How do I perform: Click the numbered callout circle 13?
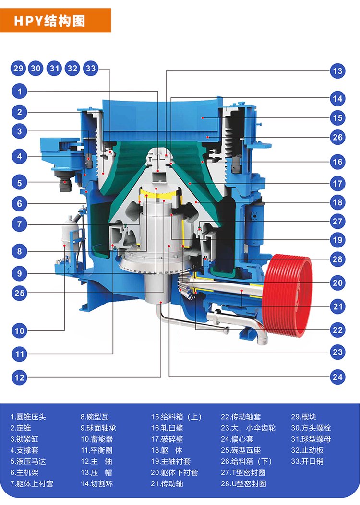click(x=337, y=71)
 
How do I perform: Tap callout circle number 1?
click(x=19, y=92)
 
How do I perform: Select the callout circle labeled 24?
click(x=337, y=377)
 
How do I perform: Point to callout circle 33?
click(x=91, y=68)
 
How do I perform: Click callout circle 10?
click(x=19, y=330)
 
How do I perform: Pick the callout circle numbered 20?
click(x=337, y=283)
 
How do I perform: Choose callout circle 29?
click(x=18, y=68)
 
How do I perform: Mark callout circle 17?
click(x=337, y=184)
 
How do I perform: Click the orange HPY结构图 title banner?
click(x=55, y=21)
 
